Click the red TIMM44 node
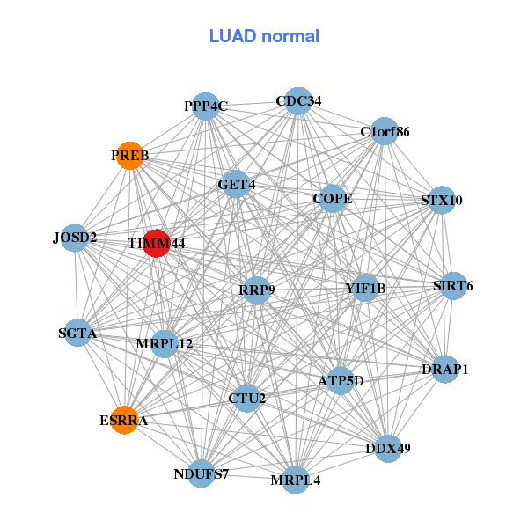tap(156, 244)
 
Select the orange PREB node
tap(130, 156)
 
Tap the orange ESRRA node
tap(124, 420)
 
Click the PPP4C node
tap(205, 106)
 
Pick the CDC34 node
tap(298, 101)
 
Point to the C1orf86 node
tap(385, 132)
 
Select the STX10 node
tap(442, 201)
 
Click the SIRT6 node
tap(453, 286)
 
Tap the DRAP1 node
tap(445, 370)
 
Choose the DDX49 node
tap(388, 448)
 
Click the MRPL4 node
tap(296, 480)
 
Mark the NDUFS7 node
tap(202, 474)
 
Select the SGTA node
tap(77, 334)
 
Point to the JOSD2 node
tap(75, 238)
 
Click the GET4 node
tap(236, 185)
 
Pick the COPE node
tap(333, 199)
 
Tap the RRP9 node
tap(256, 290)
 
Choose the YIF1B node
tap(365, 288)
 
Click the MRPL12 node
tap(165, 343)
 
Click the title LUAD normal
tap(264, 36)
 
